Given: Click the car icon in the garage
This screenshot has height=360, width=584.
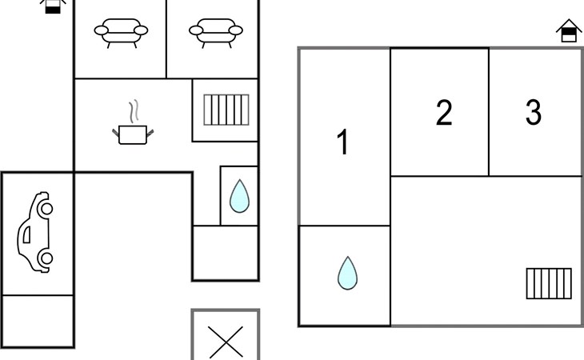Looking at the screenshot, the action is click(35, 232).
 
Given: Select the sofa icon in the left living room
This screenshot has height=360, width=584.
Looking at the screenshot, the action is click(121, 33).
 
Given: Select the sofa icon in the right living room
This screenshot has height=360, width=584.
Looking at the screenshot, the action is click(216, 33).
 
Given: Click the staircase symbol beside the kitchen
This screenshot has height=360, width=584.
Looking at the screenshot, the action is click(226, 110).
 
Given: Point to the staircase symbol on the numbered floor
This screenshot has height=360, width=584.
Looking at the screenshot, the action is click(549, 283).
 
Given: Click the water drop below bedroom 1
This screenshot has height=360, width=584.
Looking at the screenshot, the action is click(347, 273).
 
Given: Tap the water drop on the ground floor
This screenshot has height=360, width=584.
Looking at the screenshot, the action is click(239, 196).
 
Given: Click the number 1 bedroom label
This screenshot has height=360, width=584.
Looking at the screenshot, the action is click(342, 142).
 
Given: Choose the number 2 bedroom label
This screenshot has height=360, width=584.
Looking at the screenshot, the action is click(444, 112).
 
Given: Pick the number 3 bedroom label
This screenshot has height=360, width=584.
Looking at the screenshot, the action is click(534, 112).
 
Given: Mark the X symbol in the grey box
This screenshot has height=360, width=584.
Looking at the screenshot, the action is click(226, 342).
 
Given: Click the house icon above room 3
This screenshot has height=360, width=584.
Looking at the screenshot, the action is click(569, 30).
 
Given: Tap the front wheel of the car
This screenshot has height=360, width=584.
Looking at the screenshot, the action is click(46, 209).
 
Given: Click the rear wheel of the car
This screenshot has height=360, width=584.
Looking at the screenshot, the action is click(46, 258).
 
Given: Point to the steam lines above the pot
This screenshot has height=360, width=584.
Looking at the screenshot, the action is click(134, 111).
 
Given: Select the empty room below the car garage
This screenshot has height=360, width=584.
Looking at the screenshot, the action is click(38, 321).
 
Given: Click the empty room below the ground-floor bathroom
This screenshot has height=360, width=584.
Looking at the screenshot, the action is click(226, 253).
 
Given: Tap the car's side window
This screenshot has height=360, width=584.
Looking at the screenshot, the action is click(27, 235).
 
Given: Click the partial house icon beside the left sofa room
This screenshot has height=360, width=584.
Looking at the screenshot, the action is click(53, 6).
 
